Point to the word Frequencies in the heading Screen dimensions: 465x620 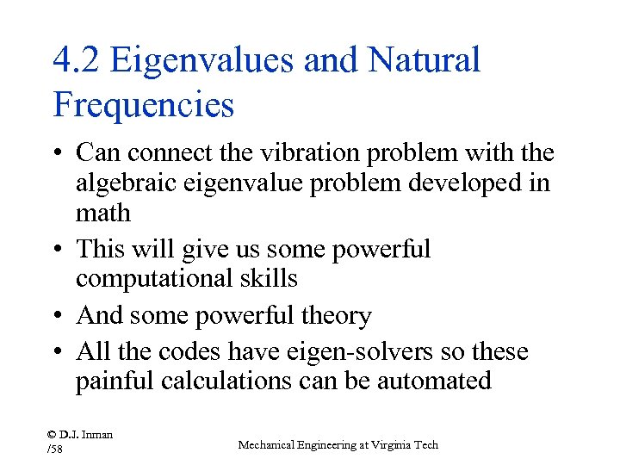(143, 105)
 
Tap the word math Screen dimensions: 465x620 (102, 213)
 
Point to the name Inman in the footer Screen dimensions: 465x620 (97, 434)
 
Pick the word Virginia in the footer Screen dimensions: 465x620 (388, 444)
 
